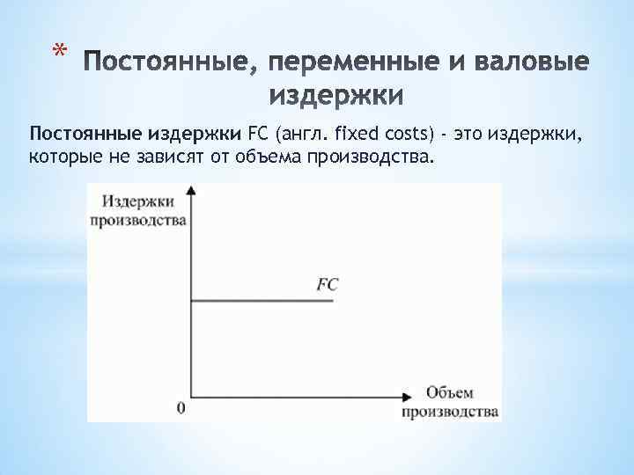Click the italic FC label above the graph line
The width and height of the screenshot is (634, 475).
point(327,284)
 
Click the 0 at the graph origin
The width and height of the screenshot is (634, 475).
point(181,407)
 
